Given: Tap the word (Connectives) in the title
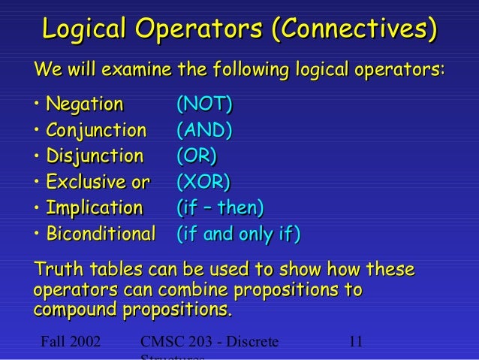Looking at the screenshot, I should [354, 31].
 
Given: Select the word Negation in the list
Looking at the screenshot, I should [85, 104].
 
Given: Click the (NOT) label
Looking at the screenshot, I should [203, 104].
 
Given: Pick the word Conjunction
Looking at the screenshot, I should [96, 130].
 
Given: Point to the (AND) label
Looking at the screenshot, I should [203, 130].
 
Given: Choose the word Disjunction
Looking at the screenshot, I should [94, 156].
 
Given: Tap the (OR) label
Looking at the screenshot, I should [196, 156].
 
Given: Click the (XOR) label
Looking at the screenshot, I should [203, 182].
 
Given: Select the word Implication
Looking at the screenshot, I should [94, 207].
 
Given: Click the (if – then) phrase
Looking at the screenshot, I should [219, 207].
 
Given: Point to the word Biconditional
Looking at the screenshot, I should [101, 234].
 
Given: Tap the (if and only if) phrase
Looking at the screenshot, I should [237, 234].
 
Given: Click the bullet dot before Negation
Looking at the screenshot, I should [37, 104].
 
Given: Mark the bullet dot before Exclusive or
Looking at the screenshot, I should [37, 182].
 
